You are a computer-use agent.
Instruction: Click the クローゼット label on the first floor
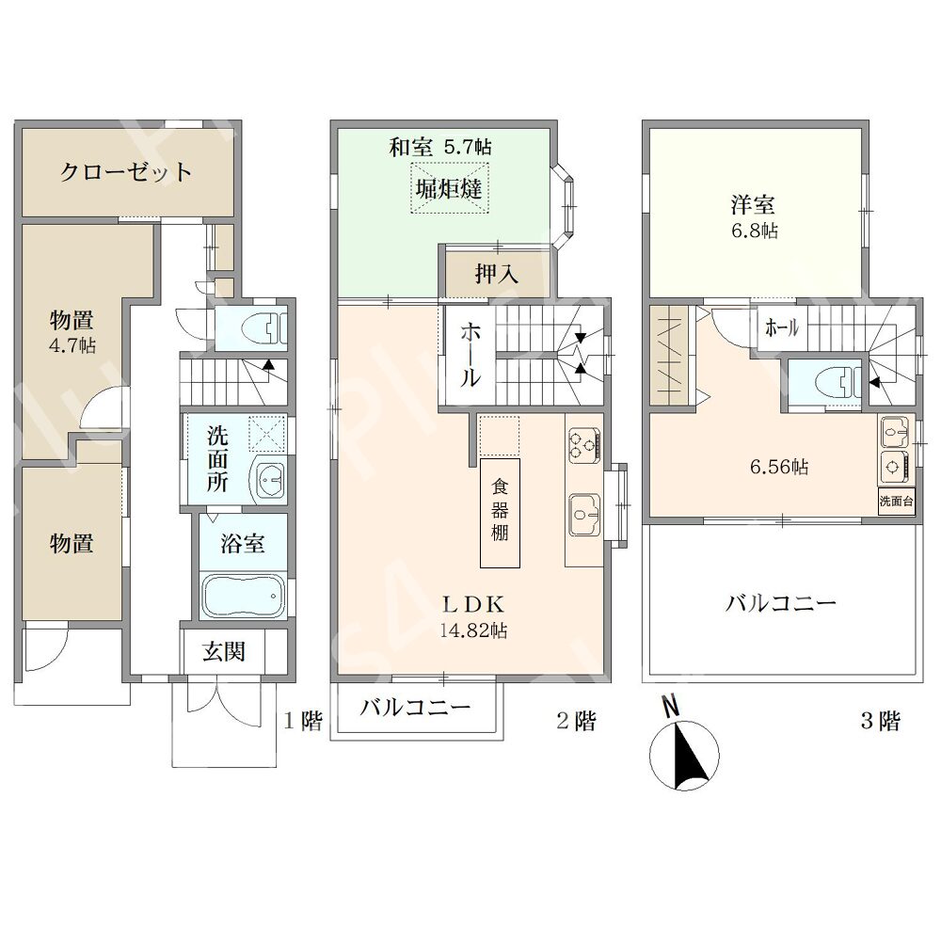(x=126, y=172)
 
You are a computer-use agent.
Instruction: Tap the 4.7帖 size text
(x=72, y=346)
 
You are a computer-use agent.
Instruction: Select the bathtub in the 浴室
(x=243, y=596)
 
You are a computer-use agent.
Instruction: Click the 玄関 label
(x=224, y=652)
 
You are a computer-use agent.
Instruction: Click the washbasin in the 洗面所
(x=271, y=481)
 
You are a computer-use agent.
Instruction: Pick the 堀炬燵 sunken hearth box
(x=450, y=188)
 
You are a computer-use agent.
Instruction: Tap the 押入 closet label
(x=497, y=274)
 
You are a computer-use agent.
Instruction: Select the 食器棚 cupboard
(x=500, y=513)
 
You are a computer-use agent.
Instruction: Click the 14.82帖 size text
(x=474, y=630)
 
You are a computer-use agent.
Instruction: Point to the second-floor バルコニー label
(x=415, y=708)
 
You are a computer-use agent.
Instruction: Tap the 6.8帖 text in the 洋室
(x=755, y=231)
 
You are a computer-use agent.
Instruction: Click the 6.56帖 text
(x=779, y=467)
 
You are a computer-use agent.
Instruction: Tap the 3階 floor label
(x=881, y=720)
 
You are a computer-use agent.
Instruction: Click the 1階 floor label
(x=303, y=720)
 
